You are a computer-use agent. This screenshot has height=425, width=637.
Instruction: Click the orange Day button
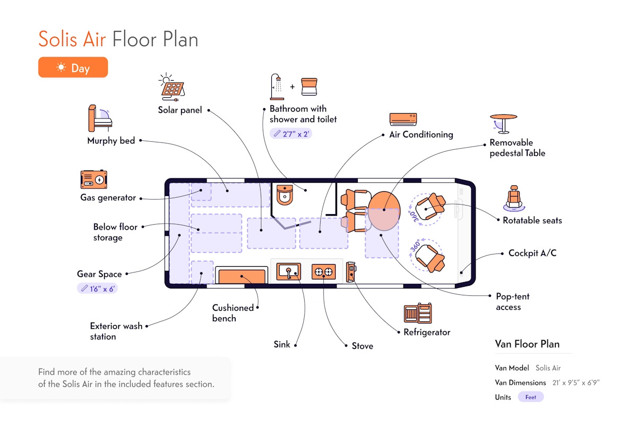73,67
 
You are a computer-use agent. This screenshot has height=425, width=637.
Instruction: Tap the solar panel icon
173,87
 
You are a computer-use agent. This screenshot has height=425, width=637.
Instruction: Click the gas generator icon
94,180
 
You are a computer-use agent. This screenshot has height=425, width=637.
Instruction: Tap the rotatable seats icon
513,198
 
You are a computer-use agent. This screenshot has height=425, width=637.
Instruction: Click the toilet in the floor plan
285,195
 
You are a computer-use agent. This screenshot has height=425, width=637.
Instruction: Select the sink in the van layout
288,272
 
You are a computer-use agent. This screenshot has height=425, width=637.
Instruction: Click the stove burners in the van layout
323,272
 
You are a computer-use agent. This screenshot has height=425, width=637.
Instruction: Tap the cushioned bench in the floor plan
242,277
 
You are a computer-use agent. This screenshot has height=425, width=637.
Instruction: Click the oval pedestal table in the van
383,210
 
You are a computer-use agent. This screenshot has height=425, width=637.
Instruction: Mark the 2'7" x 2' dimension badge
290,134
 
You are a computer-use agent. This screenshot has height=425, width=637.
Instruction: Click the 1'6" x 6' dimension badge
97,288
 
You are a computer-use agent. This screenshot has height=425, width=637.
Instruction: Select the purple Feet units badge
531,397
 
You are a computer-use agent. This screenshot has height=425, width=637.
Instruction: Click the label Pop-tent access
512,302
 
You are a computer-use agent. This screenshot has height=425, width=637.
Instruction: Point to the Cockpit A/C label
532,253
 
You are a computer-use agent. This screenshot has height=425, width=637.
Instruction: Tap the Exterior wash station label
116,331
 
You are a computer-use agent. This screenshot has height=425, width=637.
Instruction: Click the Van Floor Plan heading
527,344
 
